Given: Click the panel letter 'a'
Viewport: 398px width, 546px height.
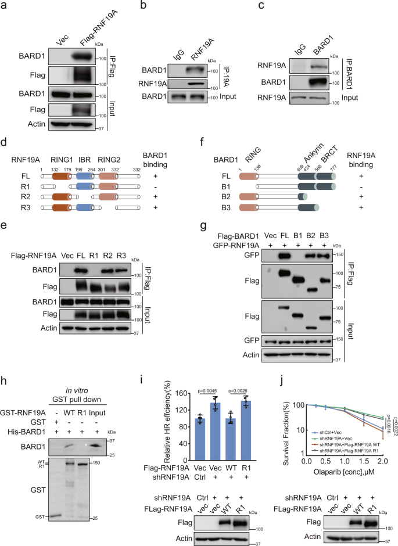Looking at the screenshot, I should pyautogui.click(x=5, y=6).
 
